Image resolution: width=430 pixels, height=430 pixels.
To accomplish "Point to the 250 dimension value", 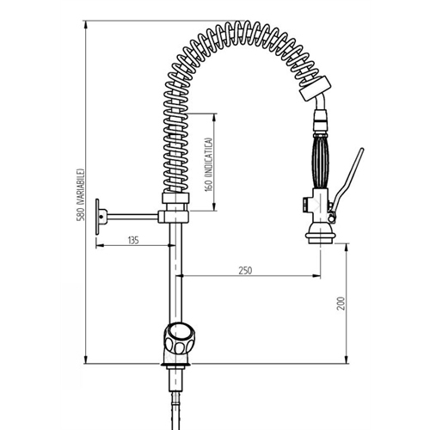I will (245, 271).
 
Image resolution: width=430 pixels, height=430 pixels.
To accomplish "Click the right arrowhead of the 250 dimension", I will (315, 278).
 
